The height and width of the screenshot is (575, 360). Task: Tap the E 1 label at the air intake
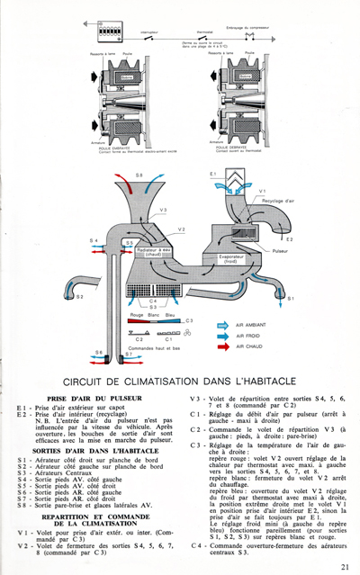213,172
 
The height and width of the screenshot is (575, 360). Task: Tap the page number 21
345,566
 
